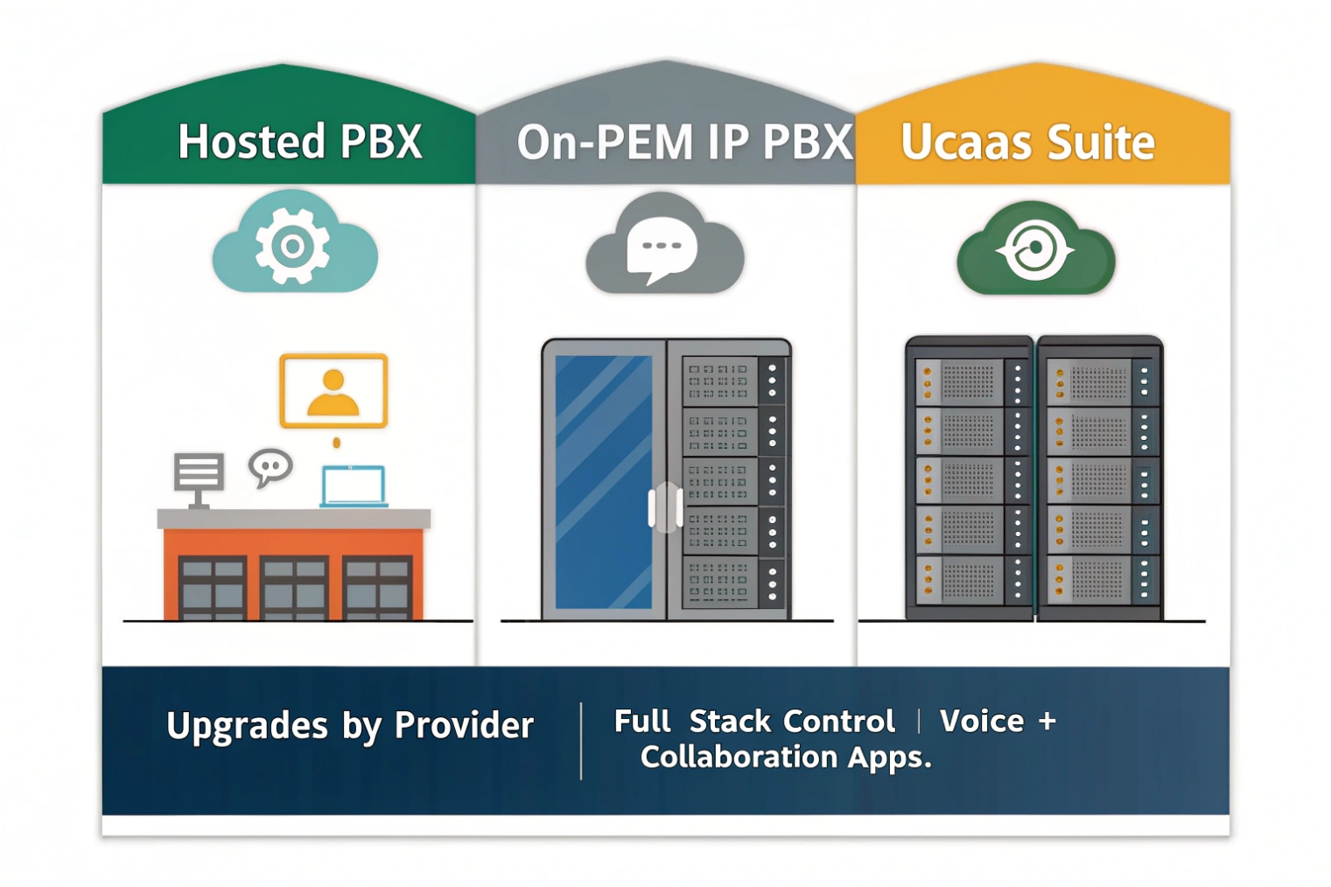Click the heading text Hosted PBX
299,142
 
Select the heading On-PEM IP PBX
683,143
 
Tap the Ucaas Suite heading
1027,143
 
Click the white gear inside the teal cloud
292,246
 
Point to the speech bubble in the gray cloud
662,248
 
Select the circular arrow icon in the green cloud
1035,249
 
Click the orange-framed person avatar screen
333,391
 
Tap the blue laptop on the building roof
353,486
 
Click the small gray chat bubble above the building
270,466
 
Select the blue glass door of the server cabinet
603,481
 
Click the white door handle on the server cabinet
665,507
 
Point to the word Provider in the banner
464,725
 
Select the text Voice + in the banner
998,722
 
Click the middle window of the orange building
294,587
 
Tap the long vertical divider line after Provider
581,740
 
